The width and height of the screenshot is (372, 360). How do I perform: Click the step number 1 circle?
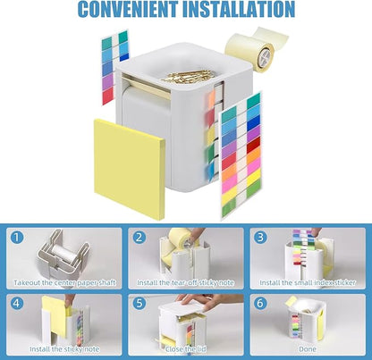click(16, 239)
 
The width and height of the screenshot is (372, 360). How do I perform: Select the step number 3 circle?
click(260, 239)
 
